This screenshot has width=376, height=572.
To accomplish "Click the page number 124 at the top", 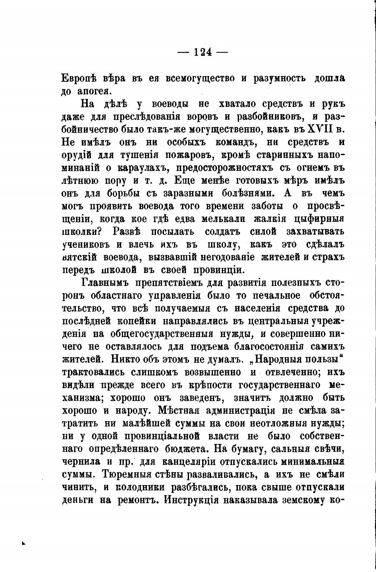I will [x=203, y=52].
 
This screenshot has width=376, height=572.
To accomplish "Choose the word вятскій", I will [x=79, y=257].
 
